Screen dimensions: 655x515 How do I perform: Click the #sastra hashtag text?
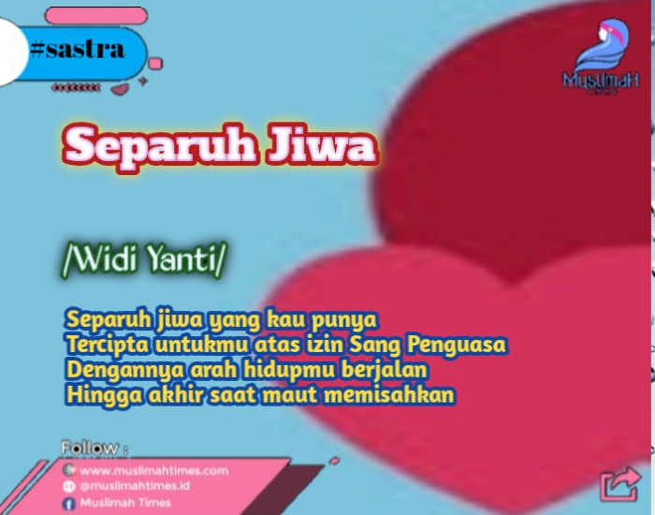coord(78,51)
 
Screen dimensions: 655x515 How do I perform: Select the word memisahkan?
coord(389,394)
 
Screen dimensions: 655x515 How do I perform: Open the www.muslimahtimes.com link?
coord(154,471)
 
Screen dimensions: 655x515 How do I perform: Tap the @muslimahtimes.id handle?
coord(135,486)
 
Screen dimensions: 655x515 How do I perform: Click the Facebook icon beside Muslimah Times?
coord(68,503)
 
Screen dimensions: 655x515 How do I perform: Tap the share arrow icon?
coord(619,484)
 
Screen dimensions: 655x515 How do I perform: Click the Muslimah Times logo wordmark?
coord(601,81)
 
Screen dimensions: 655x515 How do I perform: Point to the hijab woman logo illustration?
coord(602,45)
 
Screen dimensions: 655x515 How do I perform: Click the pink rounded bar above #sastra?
coord(96,16)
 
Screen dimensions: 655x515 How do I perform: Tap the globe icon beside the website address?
coord(68,470)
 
